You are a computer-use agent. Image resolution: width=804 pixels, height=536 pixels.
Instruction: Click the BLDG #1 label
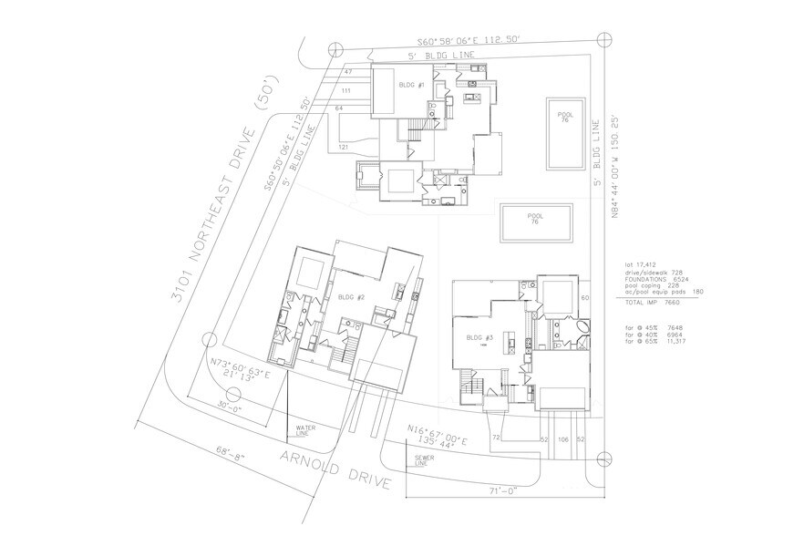pos(412,85)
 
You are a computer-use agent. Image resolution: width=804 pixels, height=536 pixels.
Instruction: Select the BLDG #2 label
pos(351,297)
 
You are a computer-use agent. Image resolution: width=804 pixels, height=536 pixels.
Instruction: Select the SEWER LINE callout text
pos(421,462)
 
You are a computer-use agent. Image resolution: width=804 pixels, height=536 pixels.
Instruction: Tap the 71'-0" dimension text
pos(502,490)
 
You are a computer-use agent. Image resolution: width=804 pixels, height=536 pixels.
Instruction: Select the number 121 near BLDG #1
pos(345,147)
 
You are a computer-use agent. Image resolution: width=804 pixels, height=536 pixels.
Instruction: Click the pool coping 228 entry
pos(648,286)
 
